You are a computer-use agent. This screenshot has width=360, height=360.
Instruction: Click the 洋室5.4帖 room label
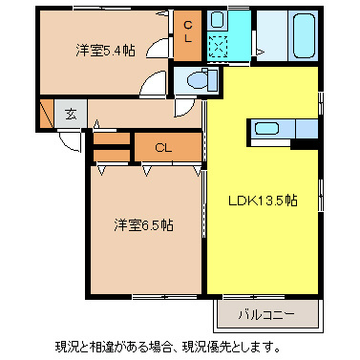pos(106,53)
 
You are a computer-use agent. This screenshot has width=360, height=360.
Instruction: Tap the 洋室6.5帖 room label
pos(144,225)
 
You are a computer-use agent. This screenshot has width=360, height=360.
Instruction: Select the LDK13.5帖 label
pos(262,201)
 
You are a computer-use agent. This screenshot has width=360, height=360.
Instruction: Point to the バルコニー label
pos(261,312)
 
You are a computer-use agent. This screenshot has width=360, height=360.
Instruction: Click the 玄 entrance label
pos(72,114)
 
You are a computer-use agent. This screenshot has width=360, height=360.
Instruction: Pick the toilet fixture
pos(195,80)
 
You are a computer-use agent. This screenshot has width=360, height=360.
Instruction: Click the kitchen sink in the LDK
pos(267,129)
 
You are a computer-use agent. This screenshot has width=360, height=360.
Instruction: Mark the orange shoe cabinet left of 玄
pos(47,115)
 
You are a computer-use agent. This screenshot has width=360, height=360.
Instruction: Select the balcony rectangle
pos(261,312)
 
